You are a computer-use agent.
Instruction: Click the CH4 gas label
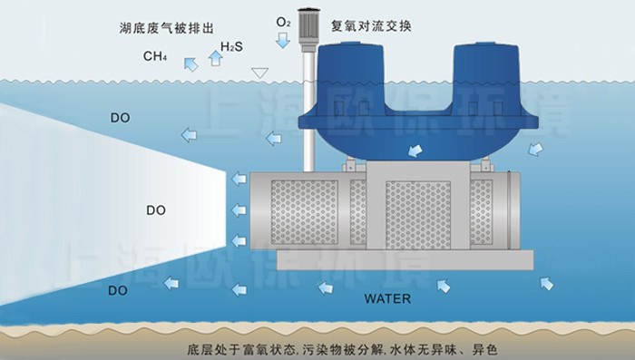pyautogui.click(x=154, y=57)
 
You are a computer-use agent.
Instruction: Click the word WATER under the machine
pyautogui.click(x=387, y=298)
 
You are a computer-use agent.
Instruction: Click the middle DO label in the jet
pyautogui.click(x=155, y=209)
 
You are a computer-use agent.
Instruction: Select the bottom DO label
pyautogui.click(x=118, y=290)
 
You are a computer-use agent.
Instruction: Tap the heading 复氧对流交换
pyautogui.click(x=372, y=26)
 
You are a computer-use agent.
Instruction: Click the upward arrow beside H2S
pyautogui.click(x=215, y=57)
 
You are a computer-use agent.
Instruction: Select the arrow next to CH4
pyautogui.click(x=190, y=63)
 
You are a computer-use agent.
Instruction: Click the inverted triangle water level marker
pyautogui.click(x=260, y=73)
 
